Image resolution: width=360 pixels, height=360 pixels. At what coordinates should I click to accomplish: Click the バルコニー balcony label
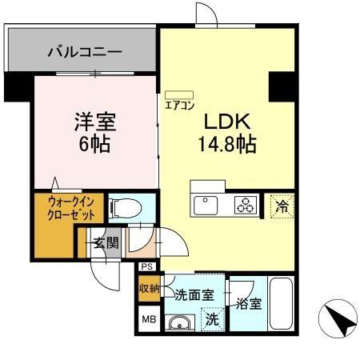(83, 52)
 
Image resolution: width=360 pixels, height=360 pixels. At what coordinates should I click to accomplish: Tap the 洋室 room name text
(95, 123)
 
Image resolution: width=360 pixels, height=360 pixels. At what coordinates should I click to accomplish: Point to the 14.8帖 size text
(226, 145)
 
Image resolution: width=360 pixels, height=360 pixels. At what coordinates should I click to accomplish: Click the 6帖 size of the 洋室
(94, 146)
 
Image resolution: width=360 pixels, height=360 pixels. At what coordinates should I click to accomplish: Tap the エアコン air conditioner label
(180, 104)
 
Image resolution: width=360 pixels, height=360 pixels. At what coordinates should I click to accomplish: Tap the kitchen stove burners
(245, 205)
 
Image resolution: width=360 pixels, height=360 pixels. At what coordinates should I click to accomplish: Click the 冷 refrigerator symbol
(281, 205)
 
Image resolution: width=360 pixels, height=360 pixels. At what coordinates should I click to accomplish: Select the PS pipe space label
(147, 267)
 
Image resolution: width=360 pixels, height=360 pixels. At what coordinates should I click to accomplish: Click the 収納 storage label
(149, 288)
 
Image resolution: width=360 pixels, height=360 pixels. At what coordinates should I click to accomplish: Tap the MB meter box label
(148, 318)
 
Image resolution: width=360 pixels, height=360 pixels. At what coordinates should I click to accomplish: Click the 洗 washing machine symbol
(211, 318)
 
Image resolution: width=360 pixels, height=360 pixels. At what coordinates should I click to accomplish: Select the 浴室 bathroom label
(248, 303)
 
